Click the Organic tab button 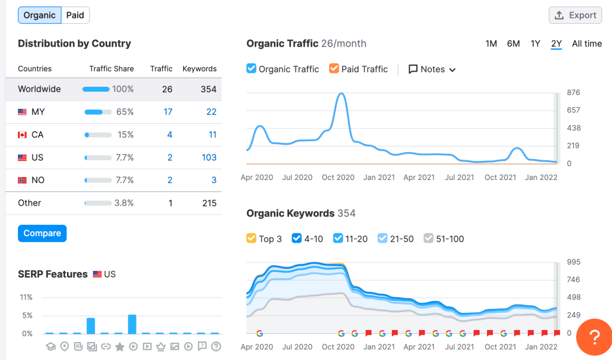tap(39, 15)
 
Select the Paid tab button tap(75, 15)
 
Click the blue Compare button tap(42, 233)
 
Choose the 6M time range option tap(513, 44)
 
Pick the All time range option tap(587, 44)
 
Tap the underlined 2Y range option tap(556, 44)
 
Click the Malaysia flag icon tap(23, 112)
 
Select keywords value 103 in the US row tap(209, 157)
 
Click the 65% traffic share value tap(125, 112)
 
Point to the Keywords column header tap(199, 69)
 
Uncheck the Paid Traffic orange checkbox tap(334, 69)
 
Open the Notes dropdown tap(432, 69)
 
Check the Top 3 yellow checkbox tap(252, 239)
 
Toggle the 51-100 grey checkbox tap(428, 239)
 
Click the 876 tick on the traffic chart tap(573, 93)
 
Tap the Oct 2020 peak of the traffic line tap(340, 94)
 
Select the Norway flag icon tap(23, 180)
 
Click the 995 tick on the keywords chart tap(573, 262)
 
